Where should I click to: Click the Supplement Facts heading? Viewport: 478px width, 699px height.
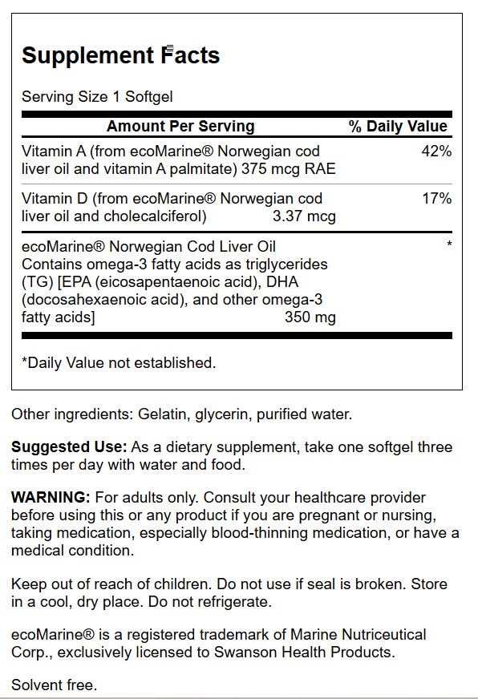(120, 55)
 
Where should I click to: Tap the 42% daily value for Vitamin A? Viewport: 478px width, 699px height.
(435, 152)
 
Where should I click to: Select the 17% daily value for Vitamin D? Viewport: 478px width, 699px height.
(435, 198)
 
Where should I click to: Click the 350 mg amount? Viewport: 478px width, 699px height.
(310, 317)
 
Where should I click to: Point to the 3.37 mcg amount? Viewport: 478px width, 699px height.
(304, 216)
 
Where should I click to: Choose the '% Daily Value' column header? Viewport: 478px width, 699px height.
(398, 126)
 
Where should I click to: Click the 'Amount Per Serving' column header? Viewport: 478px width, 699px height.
(180, 126)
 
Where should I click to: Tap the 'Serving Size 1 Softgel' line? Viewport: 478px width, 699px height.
(97, 97)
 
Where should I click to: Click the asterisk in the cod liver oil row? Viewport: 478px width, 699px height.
(449, 244)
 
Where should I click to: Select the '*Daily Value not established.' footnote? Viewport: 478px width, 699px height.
(119, 362)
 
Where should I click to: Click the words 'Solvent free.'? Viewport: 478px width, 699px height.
(54, 685)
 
